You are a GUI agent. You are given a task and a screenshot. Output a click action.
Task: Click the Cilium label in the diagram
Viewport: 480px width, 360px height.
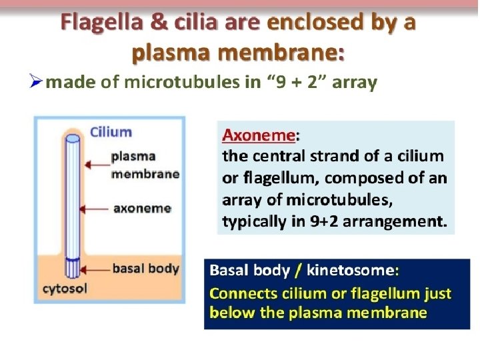(111, 131)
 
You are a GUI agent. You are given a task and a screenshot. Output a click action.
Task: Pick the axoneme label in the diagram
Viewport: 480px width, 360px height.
(142, 208)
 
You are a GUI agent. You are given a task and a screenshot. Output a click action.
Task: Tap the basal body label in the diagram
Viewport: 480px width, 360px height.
(145, 269)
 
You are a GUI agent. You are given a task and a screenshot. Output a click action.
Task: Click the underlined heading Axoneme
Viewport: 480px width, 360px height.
(259, 135)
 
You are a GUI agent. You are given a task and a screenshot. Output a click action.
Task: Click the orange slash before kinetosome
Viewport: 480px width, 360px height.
(298, 271)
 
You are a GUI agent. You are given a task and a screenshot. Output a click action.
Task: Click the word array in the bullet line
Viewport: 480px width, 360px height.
(355, 83)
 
